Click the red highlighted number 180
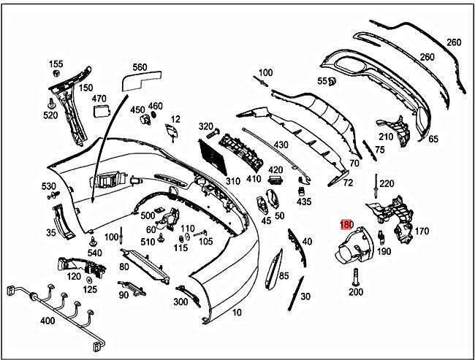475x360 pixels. (347, 226)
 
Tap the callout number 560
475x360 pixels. (139, 66)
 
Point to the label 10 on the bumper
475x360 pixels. (237, 313)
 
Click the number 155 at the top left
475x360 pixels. (56, 64)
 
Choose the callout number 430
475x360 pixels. (281, 145)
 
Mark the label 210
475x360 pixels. (385, 137)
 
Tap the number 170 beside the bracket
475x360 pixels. (422, 232)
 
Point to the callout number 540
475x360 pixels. (95, 253)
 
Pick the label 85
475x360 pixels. (284, 276)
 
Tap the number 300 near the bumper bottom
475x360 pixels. (180, 302)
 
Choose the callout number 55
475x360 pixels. (322, 81)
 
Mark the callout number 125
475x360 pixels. (90, 289)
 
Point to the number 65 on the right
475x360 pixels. (433, 139)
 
